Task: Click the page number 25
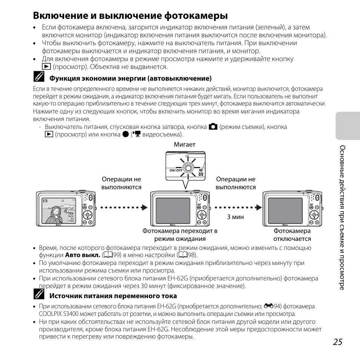tap(338, 342)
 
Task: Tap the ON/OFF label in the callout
tap(176, 170)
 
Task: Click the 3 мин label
tap(235, 217)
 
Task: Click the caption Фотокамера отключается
tap(292, 235)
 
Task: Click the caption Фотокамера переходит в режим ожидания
tap(180, 235)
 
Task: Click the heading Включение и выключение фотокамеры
tap(130, 16)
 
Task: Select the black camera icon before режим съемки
tap(213, 127)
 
